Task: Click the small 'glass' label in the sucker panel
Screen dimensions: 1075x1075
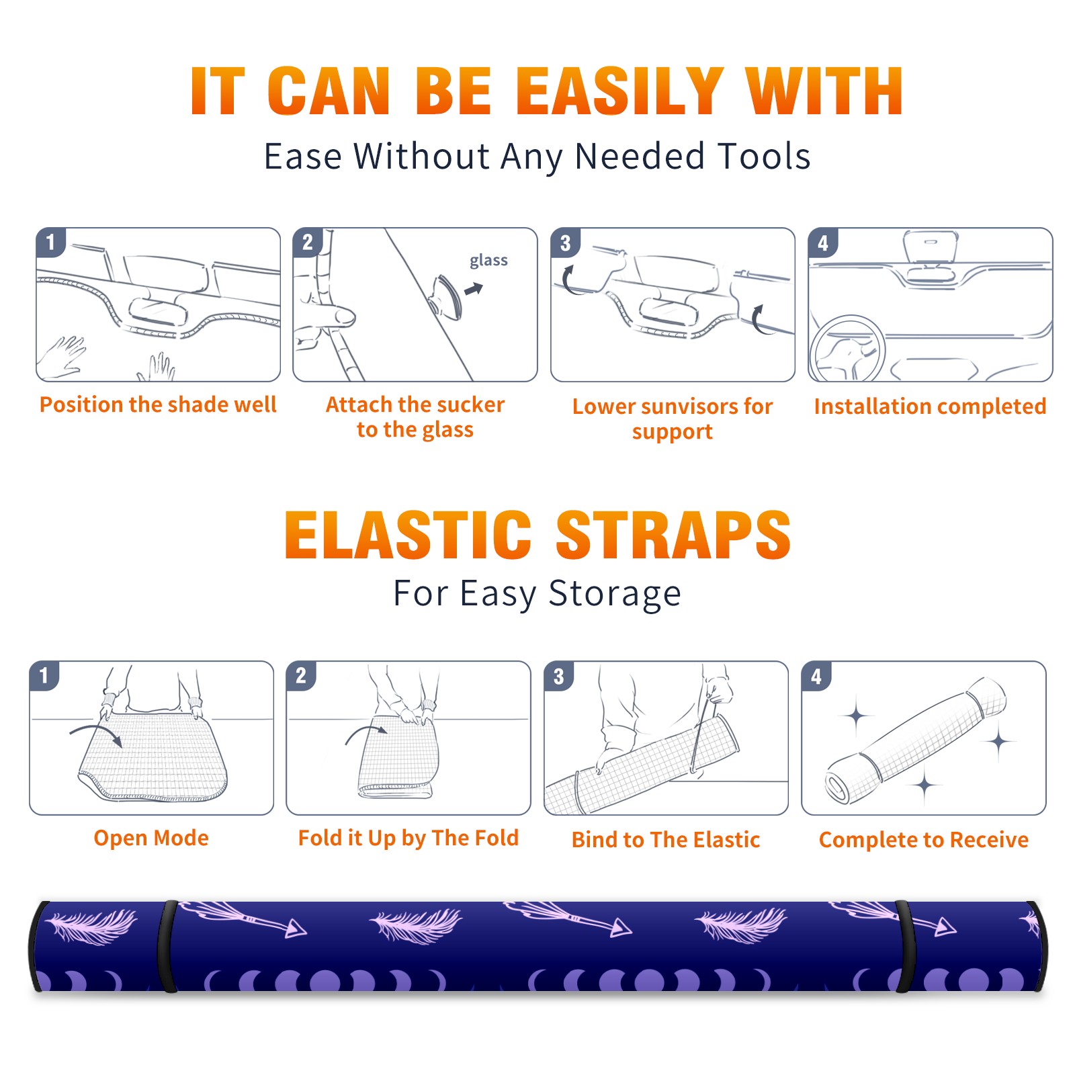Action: point(488,261)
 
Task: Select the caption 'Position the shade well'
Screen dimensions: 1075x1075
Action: point(158,404)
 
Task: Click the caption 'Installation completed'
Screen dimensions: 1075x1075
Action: point(930,406)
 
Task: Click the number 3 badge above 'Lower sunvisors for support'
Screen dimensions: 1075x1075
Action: point(565,243)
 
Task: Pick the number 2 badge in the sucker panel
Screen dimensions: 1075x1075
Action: point(308,243)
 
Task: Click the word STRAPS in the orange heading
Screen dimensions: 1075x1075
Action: point(673,535)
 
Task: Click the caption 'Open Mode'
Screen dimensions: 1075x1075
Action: point(151,838)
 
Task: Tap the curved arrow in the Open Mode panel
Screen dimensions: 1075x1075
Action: point(96,732)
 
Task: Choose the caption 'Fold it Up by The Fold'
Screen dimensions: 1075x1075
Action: point(408,838)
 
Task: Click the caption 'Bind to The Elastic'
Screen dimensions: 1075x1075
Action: point(666,840)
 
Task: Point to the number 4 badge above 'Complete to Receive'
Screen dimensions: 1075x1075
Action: point(816,676)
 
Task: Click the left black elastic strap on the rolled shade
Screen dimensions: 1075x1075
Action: point(167,946)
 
